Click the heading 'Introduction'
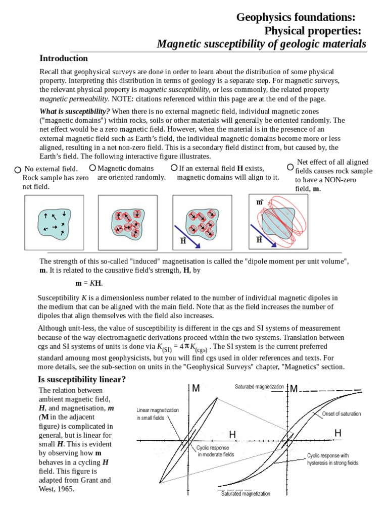click(x=64, y=58)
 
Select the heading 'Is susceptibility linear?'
click(x=82, y=379)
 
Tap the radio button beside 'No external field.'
click(x=18, y=170)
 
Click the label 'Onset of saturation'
click(x=342, y=414)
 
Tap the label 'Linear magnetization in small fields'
click(x=158, y=414)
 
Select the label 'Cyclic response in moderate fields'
click(x=215, y=451)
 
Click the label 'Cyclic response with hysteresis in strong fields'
click(x=332, y=459)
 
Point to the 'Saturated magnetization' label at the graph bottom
click(x=246, y=494)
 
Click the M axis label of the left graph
click(x=196, y=388)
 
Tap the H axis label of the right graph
click(x=337, y=433)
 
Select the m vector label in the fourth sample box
click(x=260, y=202)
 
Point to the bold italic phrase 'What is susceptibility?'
click(x=74, y=111)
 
